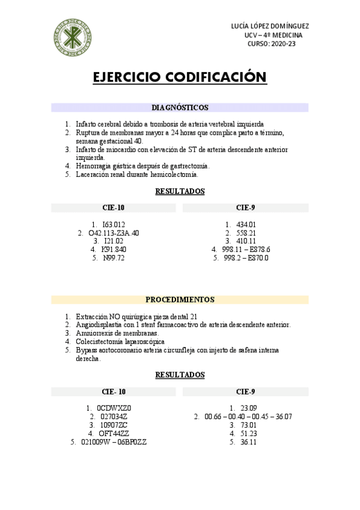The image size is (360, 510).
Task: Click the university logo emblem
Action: tap(73, 35)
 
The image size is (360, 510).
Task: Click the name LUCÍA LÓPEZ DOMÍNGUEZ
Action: tap(270, 26)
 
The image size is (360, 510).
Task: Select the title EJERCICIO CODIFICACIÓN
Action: tap(180, 78)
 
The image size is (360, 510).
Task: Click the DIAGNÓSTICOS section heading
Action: tap(180, 108)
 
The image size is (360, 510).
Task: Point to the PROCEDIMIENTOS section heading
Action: tap(180, 300)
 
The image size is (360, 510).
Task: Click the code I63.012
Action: tap(114, 224)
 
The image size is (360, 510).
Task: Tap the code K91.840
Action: tap(114, 250)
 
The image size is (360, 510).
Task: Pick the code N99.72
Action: tap(114, 258)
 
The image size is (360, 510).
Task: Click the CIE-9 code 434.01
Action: tap(246, 224)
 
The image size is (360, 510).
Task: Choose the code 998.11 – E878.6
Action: tap(246, 250)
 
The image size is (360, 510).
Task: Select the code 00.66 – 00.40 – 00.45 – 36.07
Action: tap(248, 416)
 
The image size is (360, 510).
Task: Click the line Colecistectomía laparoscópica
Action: tap(112, 342)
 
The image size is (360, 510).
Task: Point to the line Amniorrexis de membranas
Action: tap(117, 333)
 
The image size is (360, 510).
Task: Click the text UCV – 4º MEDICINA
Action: tap(273, 35)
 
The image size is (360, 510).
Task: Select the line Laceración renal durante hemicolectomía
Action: tap(137, 174)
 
